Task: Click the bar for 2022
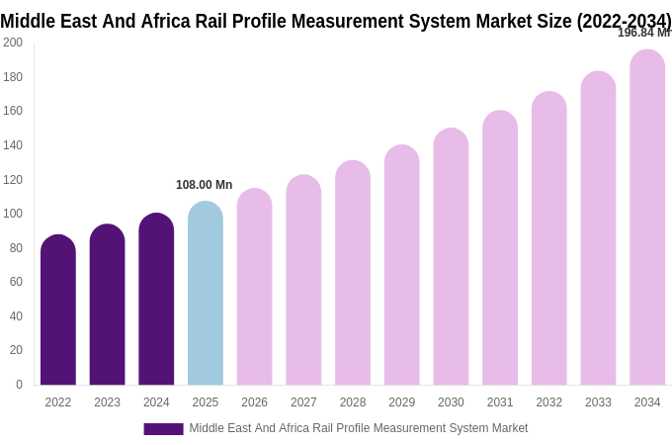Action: click(58, 311)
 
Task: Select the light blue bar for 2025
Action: click(206, 294)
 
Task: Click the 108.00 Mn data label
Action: click(204, 185)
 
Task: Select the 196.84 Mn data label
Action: click(643, 33)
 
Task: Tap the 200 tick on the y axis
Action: click(13, 43)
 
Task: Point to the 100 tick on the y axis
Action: click(13, 214)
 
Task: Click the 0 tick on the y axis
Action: click(19, 385)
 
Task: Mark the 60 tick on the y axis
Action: click(16, 282)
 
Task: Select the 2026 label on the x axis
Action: click(254, 402)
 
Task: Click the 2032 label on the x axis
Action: click(548, 402)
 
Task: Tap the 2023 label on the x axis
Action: click(107, 402)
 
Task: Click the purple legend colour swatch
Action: click(163, 429)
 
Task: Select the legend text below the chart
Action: click(358, 428)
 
